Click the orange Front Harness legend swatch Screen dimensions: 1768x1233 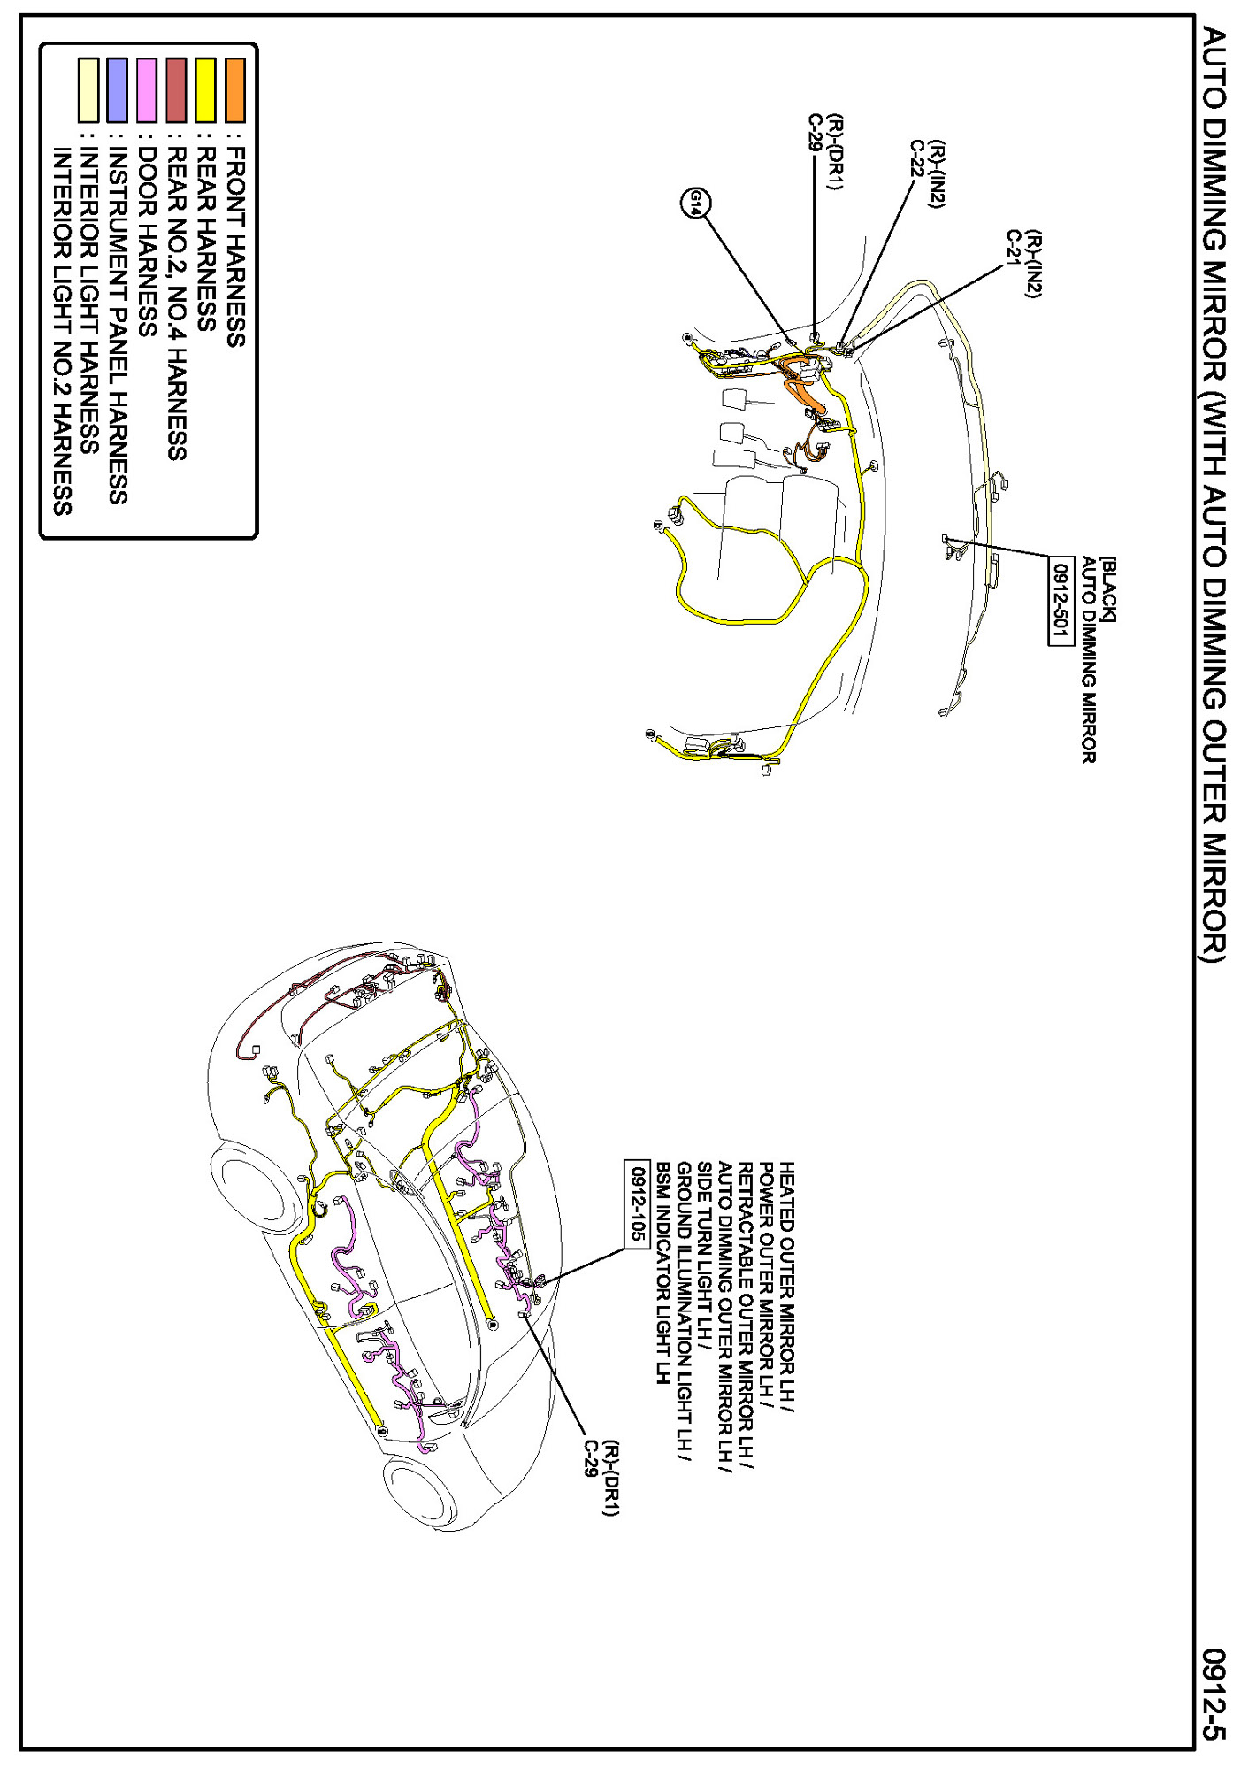[234, 89]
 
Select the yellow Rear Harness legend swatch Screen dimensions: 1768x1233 [205, 89]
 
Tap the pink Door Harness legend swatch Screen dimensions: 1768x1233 [147, 89]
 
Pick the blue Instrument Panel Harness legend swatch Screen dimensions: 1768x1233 [117, 89]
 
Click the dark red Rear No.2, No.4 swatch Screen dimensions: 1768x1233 [176, 89]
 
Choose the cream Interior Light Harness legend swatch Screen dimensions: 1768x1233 [88, 89]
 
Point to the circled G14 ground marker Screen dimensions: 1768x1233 [695, 204]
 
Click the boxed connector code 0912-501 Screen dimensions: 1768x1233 [1061, 601]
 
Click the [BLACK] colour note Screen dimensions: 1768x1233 [1107, 589]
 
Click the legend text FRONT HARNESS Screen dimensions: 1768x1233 [235, 247]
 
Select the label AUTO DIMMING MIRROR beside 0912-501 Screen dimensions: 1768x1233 [1088, 659]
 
